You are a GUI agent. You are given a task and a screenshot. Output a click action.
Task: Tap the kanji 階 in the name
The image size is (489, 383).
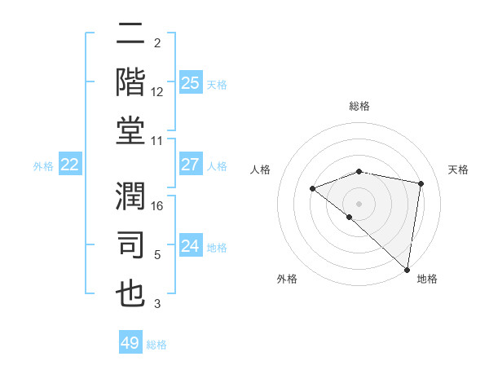pyautogui.click(x=130, y=83)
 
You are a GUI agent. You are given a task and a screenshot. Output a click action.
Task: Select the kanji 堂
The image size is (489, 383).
pyautogui.click(x=130, y=131)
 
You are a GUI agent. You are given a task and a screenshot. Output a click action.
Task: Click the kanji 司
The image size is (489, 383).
pyautogui.click(x=130, y=245)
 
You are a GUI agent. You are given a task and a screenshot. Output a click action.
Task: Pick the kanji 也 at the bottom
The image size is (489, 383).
pyautogui.click(x=130, y=293)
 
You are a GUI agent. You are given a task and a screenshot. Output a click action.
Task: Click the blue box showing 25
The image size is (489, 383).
pyautogui.click(x=190, y=82)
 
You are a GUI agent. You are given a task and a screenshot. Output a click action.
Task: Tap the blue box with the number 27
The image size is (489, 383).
pyautogui.click(x=190, y=165)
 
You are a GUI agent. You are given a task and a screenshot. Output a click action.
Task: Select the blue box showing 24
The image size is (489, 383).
pyautogui.click(x=190, y=246)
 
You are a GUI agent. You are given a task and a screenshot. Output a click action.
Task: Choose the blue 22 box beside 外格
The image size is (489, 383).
pyautogui.click(x=69, y=165)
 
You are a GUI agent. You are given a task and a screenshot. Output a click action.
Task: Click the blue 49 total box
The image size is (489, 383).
pyautogui.click(x=130, y=343)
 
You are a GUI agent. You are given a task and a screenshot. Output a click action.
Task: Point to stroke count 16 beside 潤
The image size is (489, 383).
pyautogui.click(x=158, y=206)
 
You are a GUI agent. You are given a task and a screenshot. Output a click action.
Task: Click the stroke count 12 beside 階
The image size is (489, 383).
pyautogui.click(x=158, y=91)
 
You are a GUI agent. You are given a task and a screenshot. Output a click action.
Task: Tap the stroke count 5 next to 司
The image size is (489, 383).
pyautogui.click(x=158, y=254)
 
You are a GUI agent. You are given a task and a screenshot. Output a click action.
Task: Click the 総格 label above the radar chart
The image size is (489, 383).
pyautogui.click(x=359, y=106)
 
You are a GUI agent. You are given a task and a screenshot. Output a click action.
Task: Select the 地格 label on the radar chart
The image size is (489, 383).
pyautogui.click(x=427, y=279)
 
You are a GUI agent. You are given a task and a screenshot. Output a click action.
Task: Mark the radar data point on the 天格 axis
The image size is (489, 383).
pyautogui.click(x=421, y=183)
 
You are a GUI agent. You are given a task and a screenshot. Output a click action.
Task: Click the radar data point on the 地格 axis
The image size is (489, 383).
pyautogui.click(x=407, y=269)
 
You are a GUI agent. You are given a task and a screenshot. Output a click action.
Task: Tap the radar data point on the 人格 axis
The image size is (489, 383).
pyautogui.click(x=312, y=189)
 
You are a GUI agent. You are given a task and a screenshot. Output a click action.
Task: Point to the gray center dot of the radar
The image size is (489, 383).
pyautogui.click(x=359, y=203)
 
